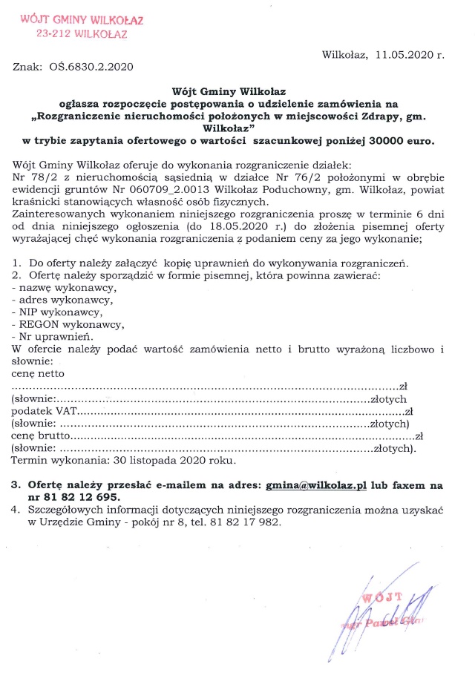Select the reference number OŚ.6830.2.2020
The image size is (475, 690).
91,67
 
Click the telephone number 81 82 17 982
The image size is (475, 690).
251,522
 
